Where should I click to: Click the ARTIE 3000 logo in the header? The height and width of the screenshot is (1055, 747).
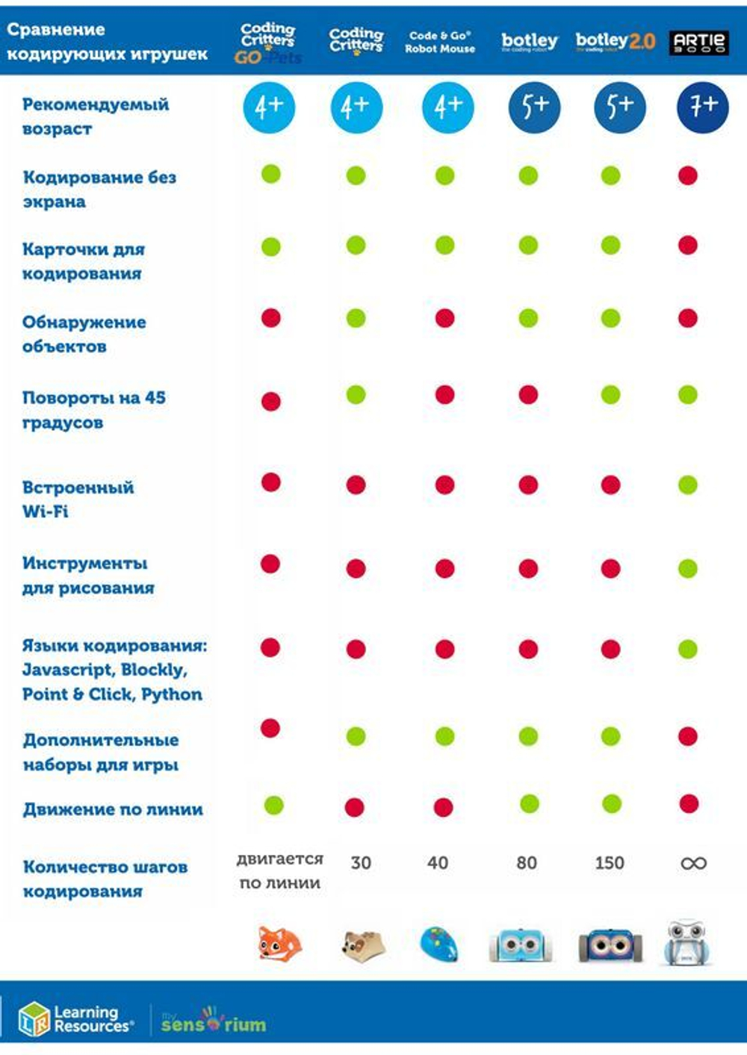pyautogui.click(x=698, y=42)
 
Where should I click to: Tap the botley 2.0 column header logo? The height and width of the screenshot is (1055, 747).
pyautogui.click(x=615, y=41)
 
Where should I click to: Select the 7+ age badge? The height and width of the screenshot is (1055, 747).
pyautogui.click(x=702, y=108)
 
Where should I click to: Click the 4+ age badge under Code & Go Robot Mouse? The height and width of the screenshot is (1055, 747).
pyautogui.click(x=447, y=108)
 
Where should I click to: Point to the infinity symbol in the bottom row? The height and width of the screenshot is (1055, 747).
pyautogui.click(x=693, y=863)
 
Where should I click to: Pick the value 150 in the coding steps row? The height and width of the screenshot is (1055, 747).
pyautogui.click(x=610, y=863)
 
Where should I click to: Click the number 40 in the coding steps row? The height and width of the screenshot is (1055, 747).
pyautogui.click(x=438, y=863)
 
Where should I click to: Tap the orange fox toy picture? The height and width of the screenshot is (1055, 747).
pyautogui.click(x=279, y=944)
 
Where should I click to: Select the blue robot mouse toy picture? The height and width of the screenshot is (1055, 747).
pyautogui.click(x=440, y=944)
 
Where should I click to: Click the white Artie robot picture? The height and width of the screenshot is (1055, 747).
pyautogui.click(x=687, y=943)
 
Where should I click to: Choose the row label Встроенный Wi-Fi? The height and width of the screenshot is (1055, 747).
pyautogui.click(x=78, y=500)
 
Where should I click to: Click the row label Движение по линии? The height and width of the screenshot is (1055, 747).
pyautogui.click(x=113, y=809)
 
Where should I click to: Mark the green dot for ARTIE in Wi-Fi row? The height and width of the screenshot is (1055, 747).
pyautogui.click(x=687, y=485)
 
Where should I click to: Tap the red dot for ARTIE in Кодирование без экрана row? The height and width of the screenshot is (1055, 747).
pyautogui.click(x=687, y=176)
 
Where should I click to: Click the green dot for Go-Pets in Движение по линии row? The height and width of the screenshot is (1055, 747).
pyautogui.click(x=274, y=805)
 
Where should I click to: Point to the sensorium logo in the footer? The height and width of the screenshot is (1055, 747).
pyautogui.click(x=214, y=1021)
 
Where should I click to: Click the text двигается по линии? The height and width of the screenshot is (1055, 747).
pyautogui.click(x=280, y=871)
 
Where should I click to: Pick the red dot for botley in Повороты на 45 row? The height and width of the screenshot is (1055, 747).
pyautogui.click(x=528, y=394)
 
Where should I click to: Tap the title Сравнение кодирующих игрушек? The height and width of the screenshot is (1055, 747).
pyautogui.click(x=107, y=42)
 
